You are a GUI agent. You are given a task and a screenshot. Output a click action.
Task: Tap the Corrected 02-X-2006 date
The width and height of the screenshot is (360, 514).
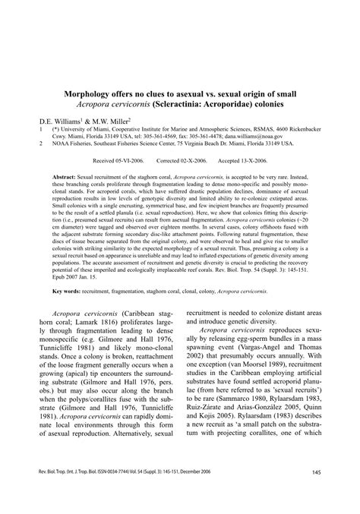tap(182, 161)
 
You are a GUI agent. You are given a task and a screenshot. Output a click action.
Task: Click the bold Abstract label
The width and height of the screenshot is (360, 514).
tap(66, 175)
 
